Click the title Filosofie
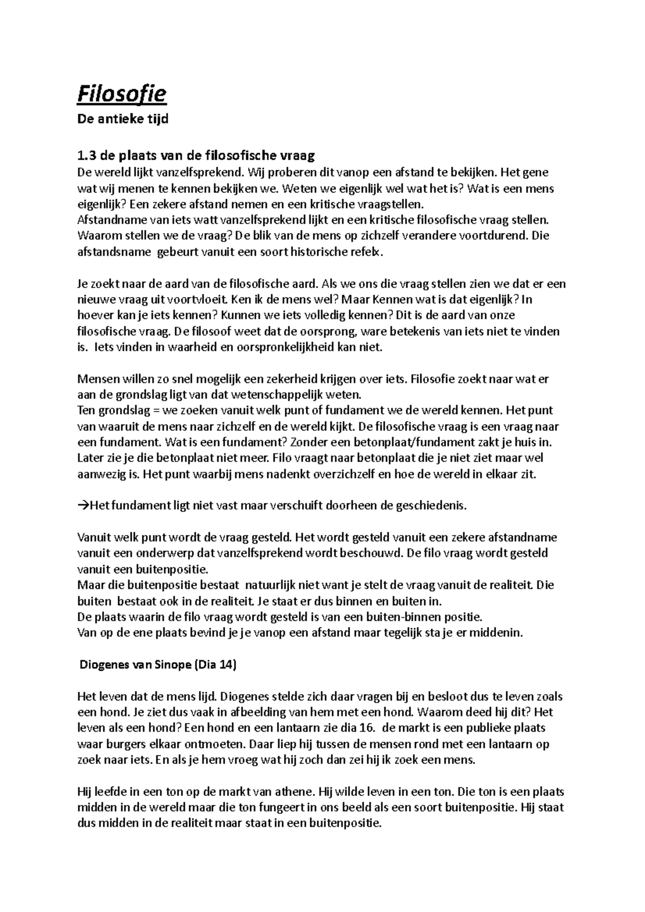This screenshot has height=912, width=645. [122, 95]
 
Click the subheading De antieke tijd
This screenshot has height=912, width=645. [123, 119]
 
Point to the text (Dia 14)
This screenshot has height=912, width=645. [215, 664]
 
